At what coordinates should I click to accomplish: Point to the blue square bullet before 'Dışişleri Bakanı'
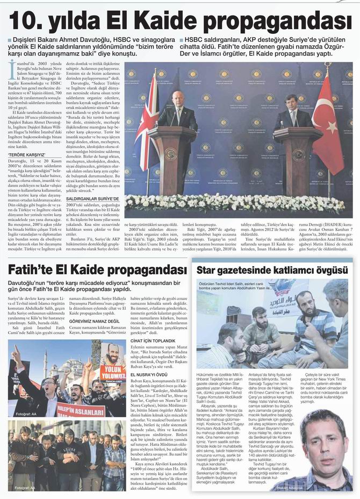click(9, 40)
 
